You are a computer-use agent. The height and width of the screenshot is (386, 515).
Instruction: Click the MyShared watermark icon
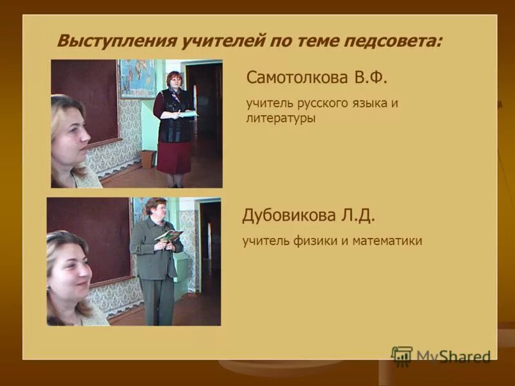pos(402,356)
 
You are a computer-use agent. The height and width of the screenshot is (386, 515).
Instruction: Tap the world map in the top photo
pos(137,78)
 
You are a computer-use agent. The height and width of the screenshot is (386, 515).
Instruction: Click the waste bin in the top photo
pos(147,159)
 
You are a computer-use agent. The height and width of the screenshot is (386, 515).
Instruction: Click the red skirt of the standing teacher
pos(173,157)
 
